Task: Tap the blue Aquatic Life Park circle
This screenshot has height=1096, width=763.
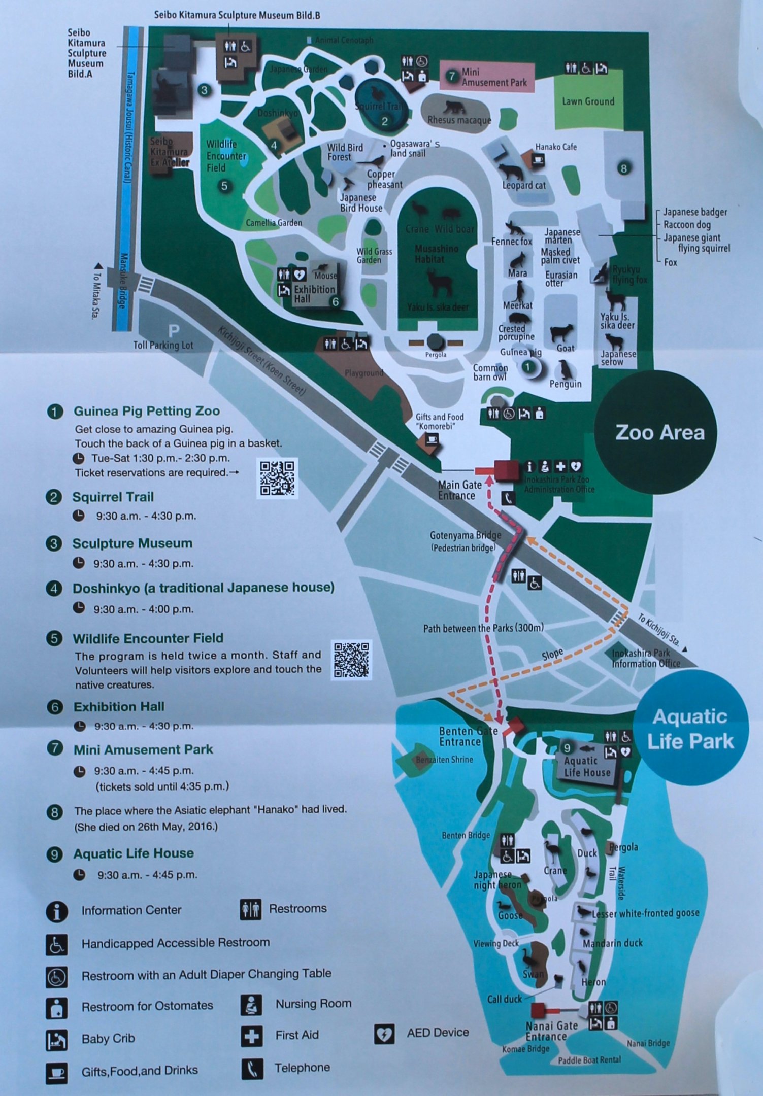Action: coord(690,728)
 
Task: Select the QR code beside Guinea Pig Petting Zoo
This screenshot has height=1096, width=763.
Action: coord(277,477)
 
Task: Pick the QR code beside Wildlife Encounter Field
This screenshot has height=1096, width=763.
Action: coord(352,659)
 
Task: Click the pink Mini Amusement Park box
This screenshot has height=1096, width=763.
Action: coord(487,77)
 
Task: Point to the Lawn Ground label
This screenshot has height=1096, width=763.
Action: coord(588,101)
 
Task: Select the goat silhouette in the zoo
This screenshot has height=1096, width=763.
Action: coord(561,333)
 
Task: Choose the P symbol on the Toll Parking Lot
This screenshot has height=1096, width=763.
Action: coord(174,331)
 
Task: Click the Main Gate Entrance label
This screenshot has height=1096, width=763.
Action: coord(459,490)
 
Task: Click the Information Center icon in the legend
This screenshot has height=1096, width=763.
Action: coord(57,911)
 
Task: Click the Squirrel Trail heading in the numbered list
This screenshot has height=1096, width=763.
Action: coord(113,497)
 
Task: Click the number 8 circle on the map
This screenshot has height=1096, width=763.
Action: coord(623,168)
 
